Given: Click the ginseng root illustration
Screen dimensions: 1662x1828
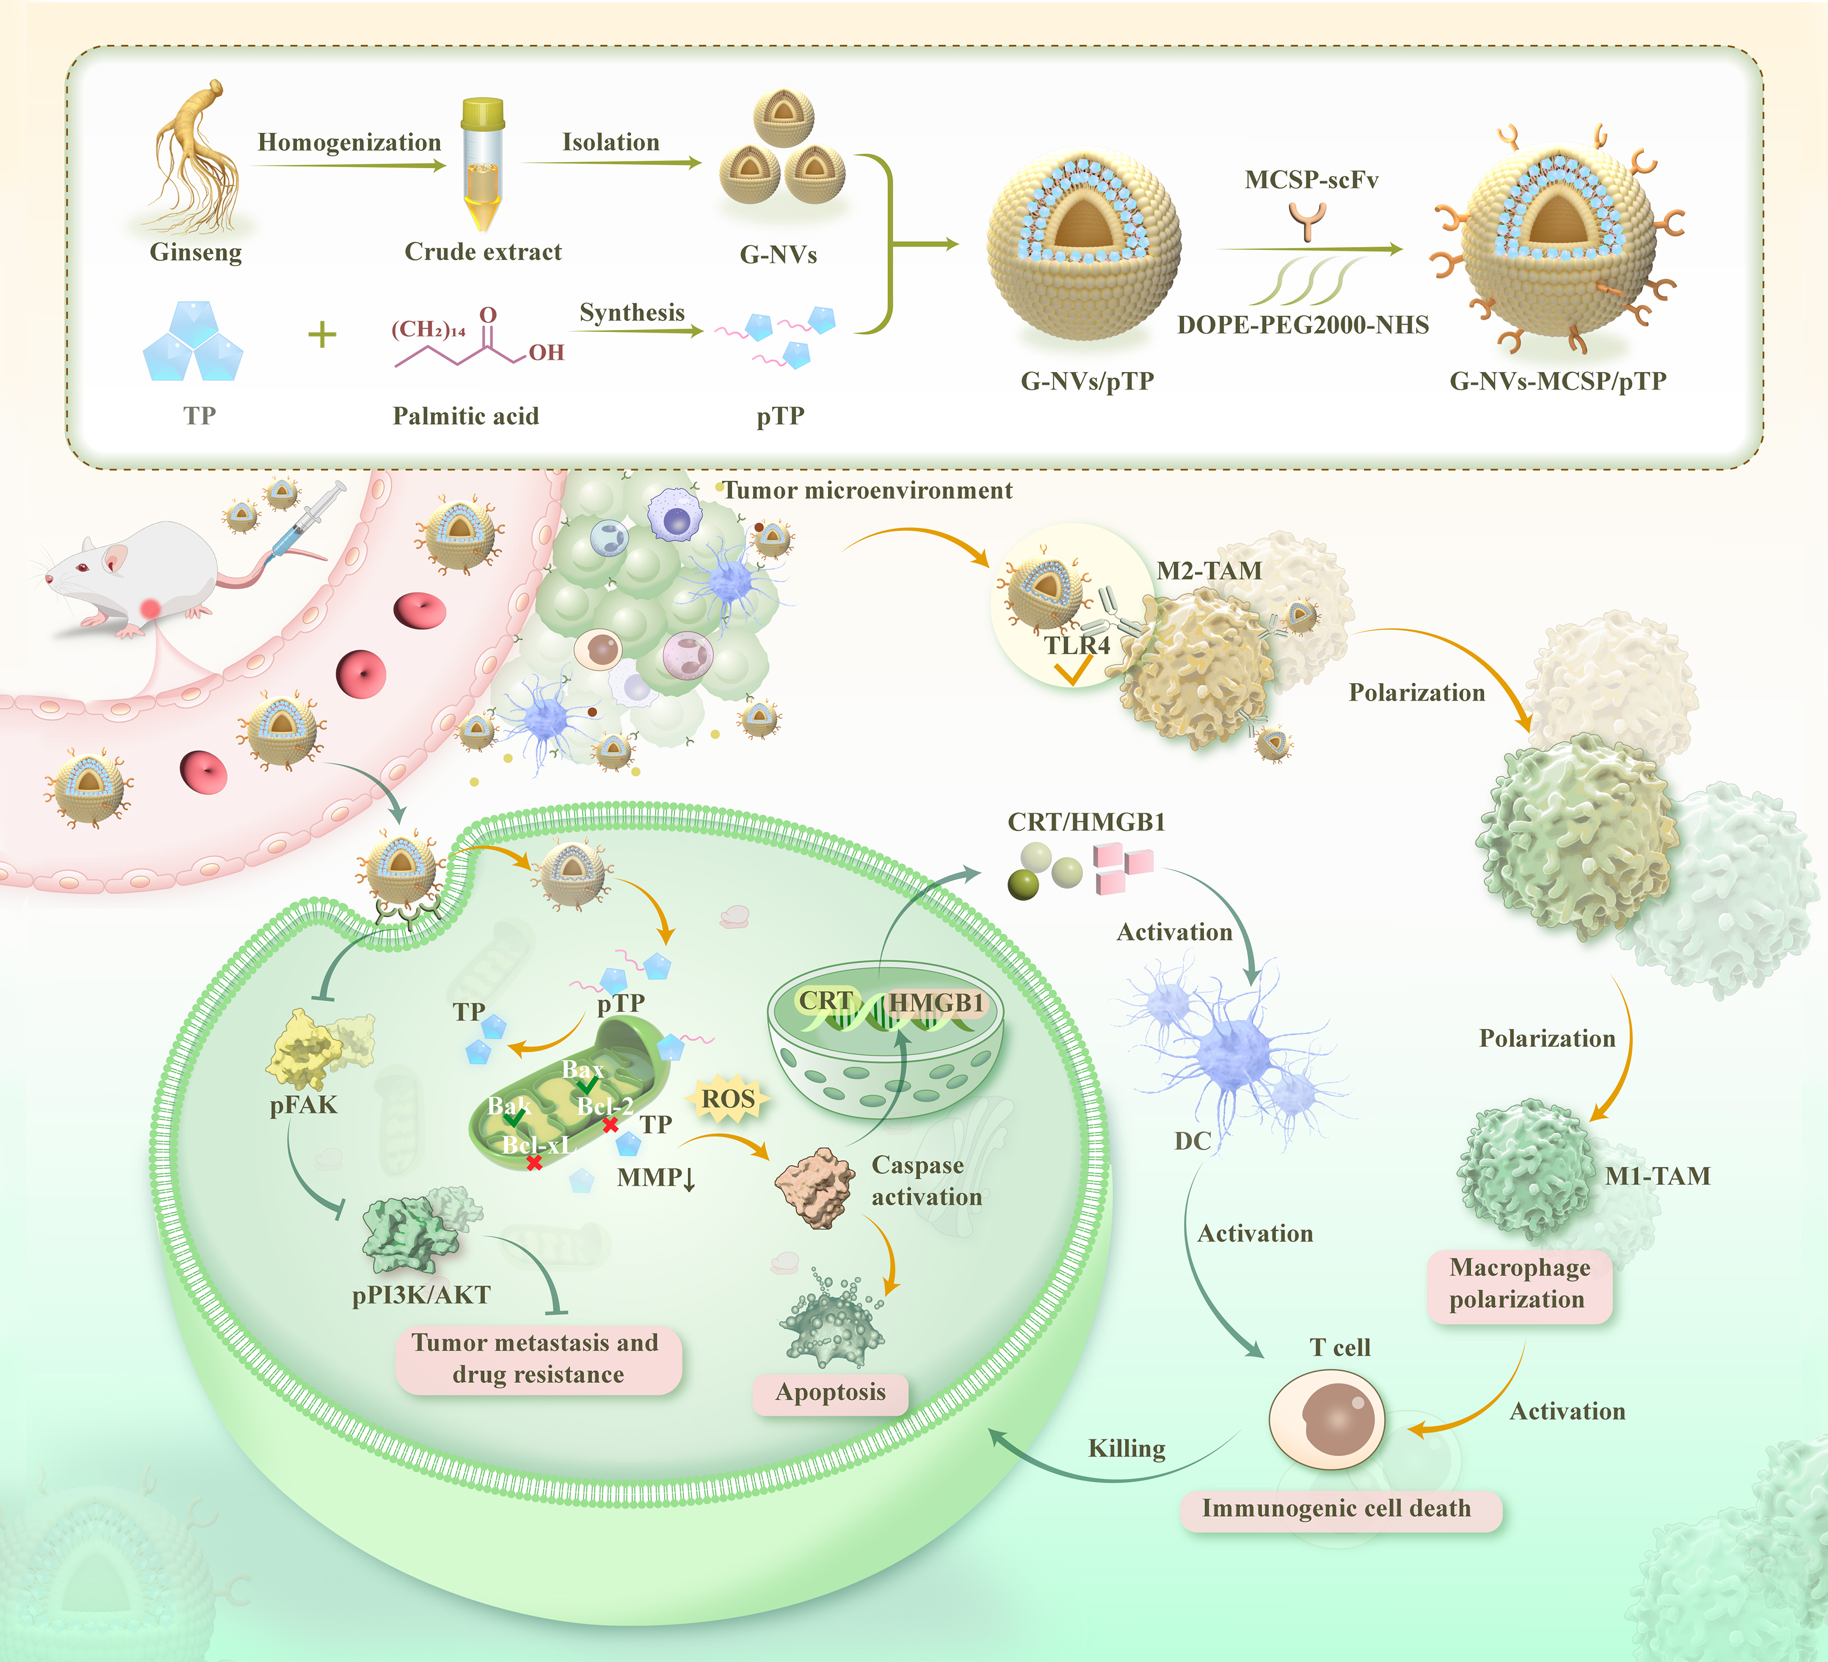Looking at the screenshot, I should pyautogui.click(x=195, y=159).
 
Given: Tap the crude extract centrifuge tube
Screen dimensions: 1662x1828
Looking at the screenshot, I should pyautogui.click(x=482, y=163).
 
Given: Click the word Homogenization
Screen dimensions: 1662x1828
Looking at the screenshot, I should pyautogui.click(x=349, y=142).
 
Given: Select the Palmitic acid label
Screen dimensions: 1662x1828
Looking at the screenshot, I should pyautogui.click(x=465, y=416).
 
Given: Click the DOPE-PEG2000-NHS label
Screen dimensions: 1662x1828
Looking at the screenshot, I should pyautogui.click(x=1303, y=325).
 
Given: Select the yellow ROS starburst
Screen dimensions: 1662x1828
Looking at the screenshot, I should pyautogui.click(x=728, y=1099).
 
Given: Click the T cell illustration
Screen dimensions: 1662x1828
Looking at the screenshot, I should pyautogui.click(x=1327, y=1419).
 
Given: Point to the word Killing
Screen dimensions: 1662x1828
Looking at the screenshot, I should pyautogui.click(x=1126, y=1448).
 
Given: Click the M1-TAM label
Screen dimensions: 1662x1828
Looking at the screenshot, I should pyautogui.click(x=1657, y=1176).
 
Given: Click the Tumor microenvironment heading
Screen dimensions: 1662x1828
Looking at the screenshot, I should pyautogui.click(x=868, y=491).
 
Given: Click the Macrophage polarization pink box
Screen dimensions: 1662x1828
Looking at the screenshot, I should pyautogui.click(x=1519, y=1284).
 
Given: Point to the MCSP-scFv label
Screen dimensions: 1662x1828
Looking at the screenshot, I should pyautogui.click(x=1311, y=180).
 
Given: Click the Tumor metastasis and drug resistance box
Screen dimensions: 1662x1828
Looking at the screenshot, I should pyautogui.click(x=537, y=1358).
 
